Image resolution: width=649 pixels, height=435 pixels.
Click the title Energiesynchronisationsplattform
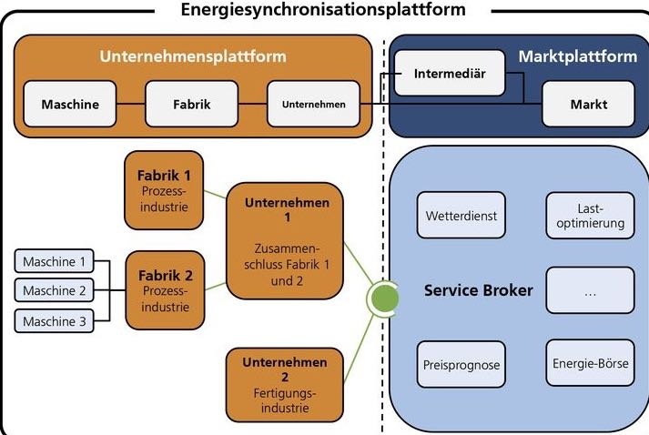(x=323, y=10)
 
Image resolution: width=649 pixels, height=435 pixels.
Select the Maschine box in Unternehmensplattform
(x=70, y=104)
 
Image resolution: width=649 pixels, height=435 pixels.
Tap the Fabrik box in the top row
(x=191, y=104)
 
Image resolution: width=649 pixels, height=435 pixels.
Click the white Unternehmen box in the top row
(x=312, y=104)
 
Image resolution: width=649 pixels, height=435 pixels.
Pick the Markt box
(x=588, y=104)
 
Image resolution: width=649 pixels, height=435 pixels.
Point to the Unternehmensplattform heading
(x=192, y=56)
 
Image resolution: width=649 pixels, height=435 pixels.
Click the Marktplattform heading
(x=577, y=56)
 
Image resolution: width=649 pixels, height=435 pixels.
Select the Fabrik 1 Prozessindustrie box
(x=164, y=189)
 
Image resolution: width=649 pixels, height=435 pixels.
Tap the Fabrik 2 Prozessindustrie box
(x=164, y=288)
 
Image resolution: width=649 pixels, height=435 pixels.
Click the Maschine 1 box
(x=55, y=262)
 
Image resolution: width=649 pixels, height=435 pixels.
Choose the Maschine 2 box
(x=55, y=291)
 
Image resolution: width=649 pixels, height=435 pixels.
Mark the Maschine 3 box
(x=55, y=320)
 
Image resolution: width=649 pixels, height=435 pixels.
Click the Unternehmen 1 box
(x=287, y=240)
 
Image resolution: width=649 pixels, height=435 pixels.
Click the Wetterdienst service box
(x=460, y=216)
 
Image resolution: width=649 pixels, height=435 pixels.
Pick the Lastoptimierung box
(x=589, y=215)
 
